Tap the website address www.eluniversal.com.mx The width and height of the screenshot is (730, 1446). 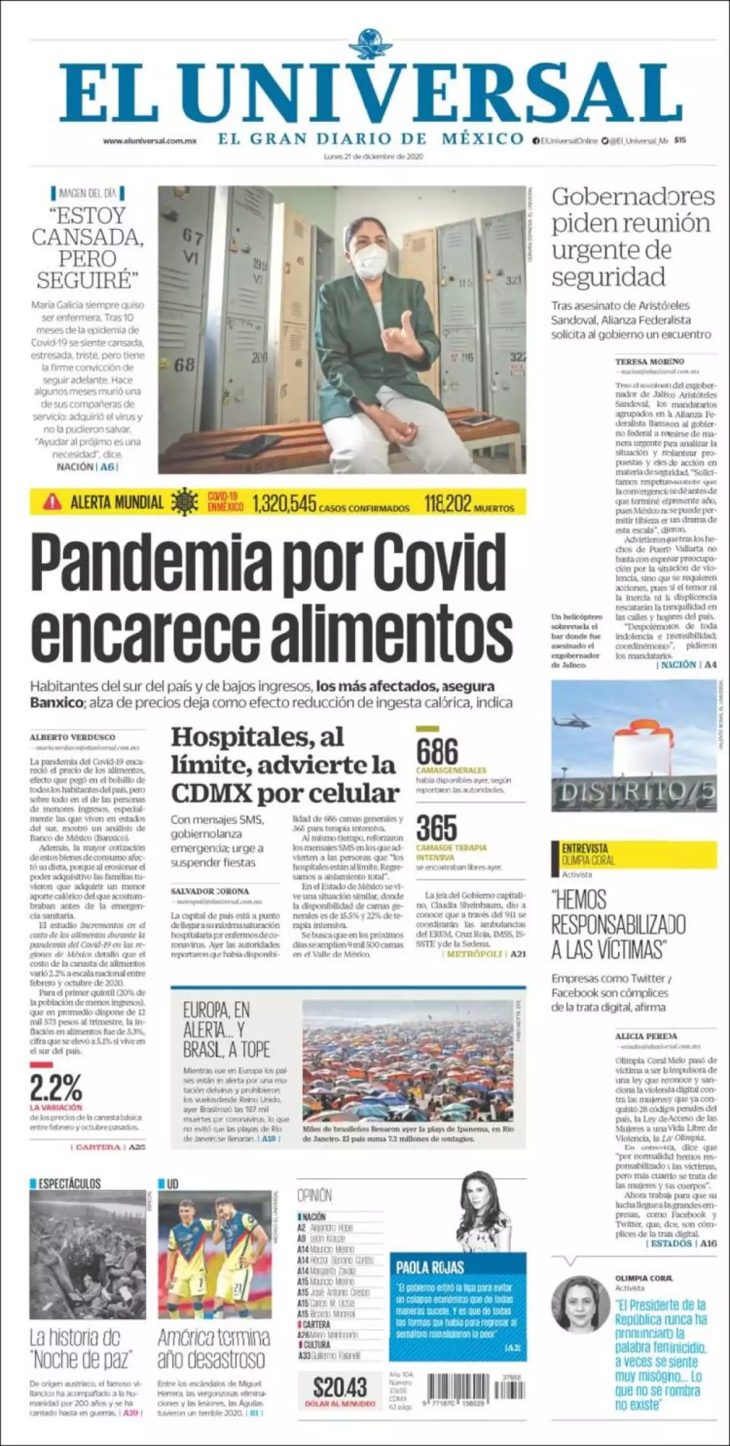click(x=150, y=141)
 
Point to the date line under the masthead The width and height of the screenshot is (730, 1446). click(x=373, y=156)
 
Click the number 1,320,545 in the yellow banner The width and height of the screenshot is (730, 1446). click(x=284, y=503)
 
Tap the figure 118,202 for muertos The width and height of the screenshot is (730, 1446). click(x=447, y=503)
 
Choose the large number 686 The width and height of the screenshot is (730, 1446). click(x=437, y=752)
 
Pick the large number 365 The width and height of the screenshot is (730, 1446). click(x=436, y=828)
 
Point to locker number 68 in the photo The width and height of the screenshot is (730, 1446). click(x=184, y=366)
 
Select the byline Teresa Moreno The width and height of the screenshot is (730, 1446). click(x=649, y=361)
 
